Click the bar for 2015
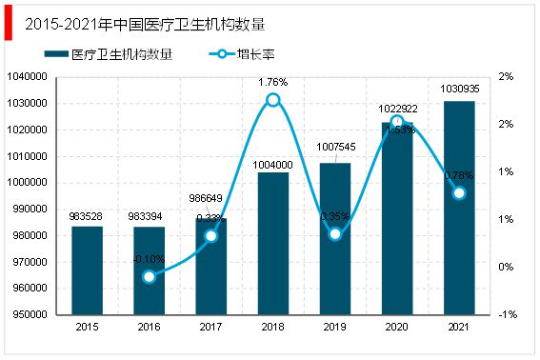[x=87, y=270]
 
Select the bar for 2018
[x=273, y=243]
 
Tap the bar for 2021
[x=459, y=208]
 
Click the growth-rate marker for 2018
[x=273, y=99]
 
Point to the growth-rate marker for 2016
[x=149, y=276]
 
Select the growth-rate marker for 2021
[x=459, y=192]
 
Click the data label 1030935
[x=459, y=90]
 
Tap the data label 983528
[x=87, y=216]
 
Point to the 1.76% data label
[x=273, y=82]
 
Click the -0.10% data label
[x=148, y=259]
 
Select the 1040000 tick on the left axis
[x=28, y=76]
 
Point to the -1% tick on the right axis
[x=510, y=314]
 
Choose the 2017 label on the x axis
[x=210, y=326]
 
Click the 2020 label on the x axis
[x=397, y=326]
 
